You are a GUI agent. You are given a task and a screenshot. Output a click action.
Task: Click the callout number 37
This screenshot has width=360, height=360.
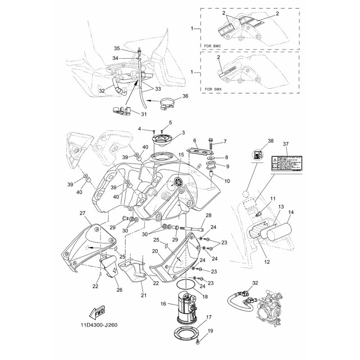point(285,143)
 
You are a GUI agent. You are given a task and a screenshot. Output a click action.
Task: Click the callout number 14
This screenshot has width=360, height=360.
point(292,211)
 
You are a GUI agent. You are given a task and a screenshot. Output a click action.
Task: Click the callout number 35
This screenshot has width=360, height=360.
point(116,48)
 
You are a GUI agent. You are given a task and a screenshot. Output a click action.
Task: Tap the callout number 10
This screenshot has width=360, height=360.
point(214,181)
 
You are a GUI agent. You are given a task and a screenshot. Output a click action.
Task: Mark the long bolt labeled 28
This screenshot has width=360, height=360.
point(196,227)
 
